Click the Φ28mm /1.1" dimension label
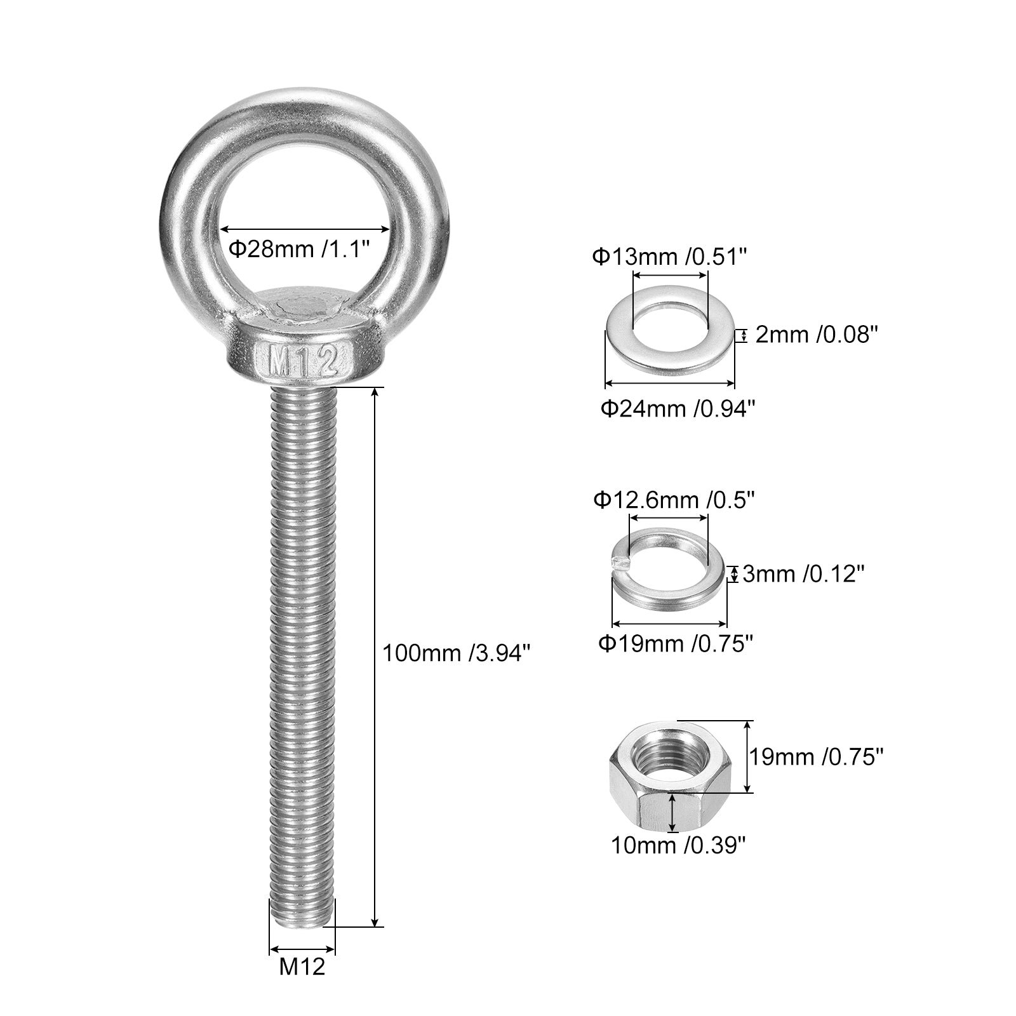[299, 249]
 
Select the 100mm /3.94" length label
[456, 653]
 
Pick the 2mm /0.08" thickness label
[816, 335]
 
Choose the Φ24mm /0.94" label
[678, 408]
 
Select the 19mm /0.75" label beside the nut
[817, 757]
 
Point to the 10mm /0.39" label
[678, 845]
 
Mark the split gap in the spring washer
[615, 560]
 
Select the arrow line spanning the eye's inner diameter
[305, 229]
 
